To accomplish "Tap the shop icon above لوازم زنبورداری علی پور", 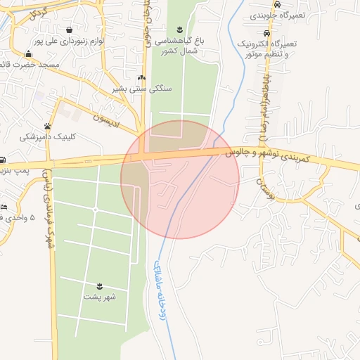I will (70, 30).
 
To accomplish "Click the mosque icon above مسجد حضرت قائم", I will (28, 54).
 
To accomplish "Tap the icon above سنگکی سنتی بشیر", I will (141, 78).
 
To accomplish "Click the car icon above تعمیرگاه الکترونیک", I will (266, 33).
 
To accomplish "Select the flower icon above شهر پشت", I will (100, 285).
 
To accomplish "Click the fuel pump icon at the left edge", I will (3, 160).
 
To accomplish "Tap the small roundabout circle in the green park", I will (95, 210).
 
